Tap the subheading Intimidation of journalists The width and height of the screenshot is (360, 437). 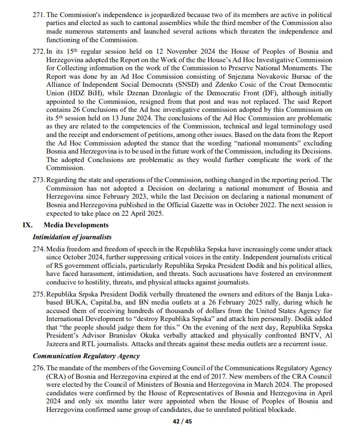(72, 237)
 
